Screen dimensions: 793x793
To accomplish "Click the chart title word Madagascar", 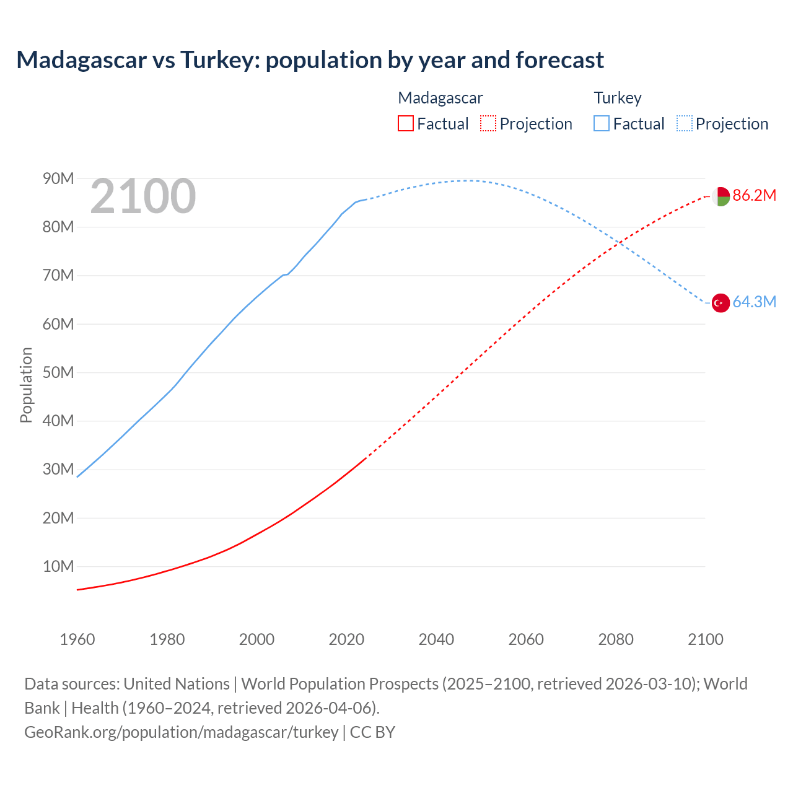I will coord(82,60).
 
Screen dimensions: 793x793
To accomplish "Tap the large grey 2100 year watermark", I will coord(143,196).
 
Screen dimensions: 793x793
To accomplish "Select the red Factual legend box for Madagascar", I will coord(405,123).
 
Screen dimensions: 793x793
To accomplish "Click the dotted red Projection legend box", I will coord(488,123).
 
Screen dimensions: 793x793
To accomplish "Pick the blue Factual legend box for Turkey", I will coord(602,123).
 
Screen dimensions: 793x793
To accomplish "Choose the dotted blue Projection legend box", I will coord(684,123).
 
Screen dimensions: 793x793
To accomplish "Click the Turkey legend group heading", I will coord(618,98).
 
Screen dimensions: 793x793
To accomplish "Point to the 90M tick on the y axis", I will coord(58,179).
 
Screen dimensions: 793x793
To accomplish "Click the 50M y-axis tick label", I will coord(58,372).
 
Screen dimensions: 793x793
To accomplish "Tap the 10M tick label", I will coord(58,566).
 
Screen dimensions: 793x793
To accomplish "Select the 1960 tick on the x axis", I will coord(77,639).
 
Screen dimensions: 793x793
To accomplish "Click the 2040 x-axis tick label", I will coord(436,639).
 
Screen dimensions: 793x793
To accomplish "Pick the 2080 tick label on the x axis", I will coord(616,639).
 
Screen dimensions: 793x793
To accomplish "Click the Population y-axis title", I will coord(26,385).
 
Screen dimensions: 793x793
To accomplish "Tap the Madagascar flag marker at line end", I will coord(721,196).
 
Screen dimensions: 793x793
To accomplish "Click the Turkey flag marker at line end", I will coord(721,303).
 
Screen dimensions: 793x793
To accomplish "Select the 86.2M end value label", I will coord(754,196).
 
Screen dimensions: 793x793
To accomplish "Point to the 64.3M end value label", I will coord(754,302).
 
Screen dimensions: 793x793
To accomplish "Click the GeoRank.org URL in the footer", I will coord(182,732).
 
